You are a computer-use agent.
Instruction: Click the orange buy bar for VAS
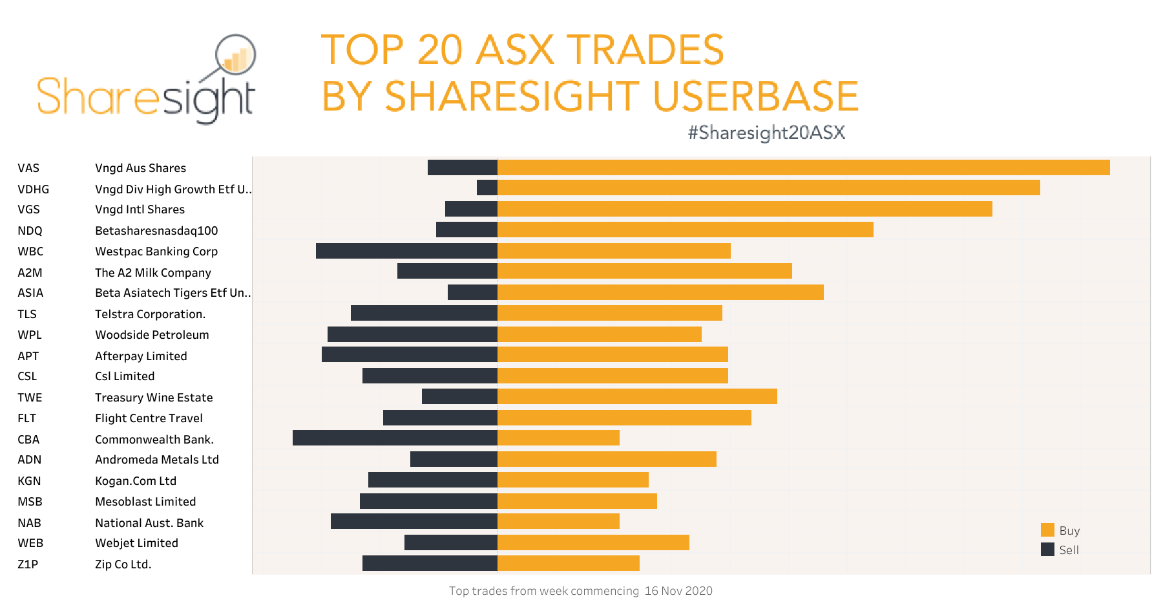(x=803, y=167)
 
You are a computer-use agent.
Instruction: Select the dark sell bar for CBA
(x=395, y=438)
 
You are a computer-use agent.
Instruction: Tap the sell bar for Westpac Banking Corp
(x=406, y=251)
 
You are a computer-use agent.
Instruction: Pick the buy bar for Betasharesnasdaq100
(x=685, y=230)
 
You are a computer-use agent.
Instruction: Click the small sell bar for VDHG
(x=487, y=188)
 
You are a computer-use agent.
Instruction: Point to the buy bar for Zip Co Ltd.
(x=568, y=563)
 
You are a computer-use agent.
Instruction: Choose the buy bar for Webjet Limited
(x=593, y=542)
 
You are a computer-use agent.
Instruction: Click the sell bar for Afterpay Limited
(x=409, y=354)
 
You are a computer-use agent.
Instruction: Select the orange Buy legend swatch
(x=1047, y=530)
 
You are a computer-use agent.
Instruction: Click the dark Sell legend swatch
(x=1047, y=550)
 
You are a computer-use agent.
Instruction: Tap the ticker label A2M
(x=30, y=273)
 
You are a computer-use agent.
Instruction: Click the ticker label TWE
(x=30, y=398)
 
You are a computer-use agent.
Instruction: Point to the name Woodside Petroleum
(x=152, y=335)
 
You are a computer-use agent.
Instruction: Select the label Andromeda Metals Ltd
(x=157, y=460)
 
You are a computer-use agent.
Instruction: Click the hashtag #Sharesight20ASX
(x=766, y=133)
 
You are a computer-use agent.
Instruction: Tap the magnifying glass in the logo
(x=236, y=56)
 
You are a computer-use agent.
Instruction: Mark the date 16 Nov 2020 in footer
(x=678, y=591)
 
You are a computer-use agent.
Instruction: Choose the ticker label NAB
(x=29, y=523)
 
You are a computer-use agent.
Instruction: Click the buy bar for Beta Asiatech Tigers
(x=660, y=292)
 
